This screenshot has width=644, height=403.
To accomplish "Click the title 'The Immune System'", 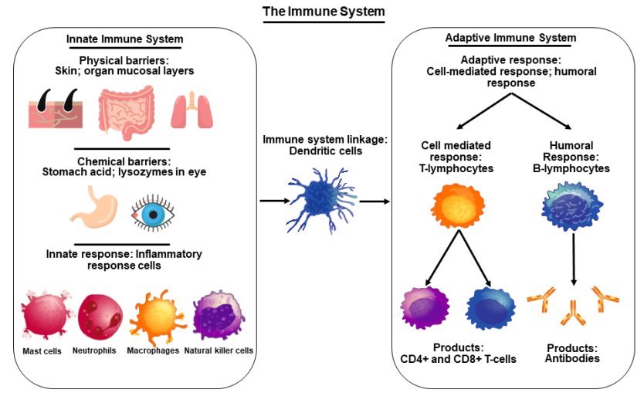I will pyautogui.click(x=323, y=12).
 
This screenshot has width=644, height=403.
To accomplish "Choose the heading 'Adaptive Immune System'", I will pyautogui.click(x=510, y=39).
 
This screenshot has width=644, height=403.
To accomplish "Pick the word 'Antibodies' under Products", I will pyautogui.click(x=573, y=359).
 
